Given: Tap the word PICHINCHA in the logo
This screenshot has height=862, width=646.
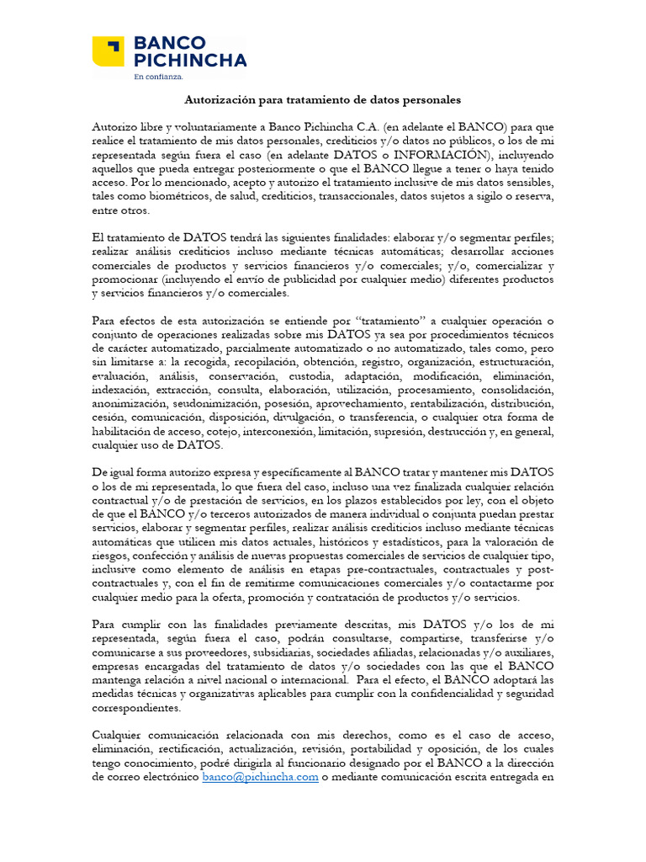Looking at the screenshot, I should coord(190,60).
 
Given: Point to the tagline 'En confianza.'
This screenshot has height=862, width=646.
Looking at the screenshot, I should coord(158,77).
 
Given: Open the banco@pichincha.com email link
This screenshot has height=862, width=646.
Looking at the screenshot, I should coord(260,777).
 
